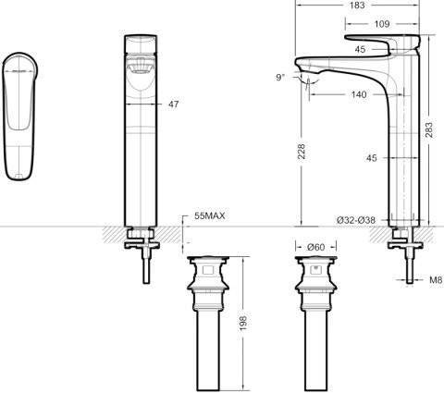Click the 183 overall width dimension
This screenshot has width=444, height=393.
click(x=358, y=5)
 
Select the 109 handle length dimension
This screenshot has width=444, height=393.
click(x=382, y=24)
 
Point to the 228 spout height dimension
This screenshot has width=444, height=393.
click(x=302, y=151)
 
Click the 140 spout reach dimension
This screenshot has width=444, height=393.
click(x=359, y=94)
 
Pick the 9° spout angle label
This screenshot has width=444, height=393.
click(x=279, y=77)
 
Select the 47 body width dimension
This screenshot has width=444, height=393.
click(x=173, y=104)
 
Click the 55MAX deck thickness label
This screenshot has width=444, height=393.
click(x=210, y=215)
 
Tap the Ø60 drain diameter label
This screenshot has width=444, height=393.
click(x=316, y=247)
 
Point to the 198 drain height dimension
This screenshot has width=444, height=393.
click(x=243, y=323)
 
